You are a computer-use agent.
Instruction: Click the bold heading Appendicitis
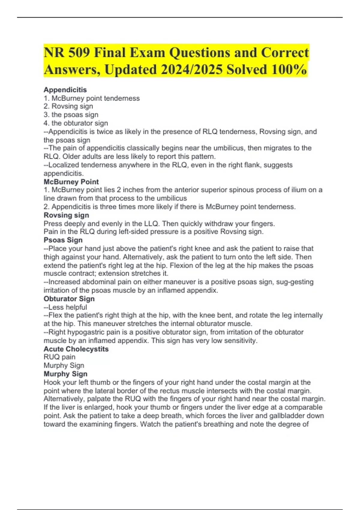pos(65,90)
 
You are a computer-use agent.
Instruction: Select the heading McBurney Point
pos(71,182)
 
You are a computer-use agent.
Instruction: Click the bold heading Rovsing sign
pos(66,215)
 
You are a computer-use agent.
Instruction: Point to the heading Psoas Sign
pos(63,240)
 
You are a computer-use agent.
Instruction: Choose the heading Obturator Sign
pos(69,299)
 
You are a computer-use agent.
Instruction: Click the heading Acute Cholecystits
pos(76,349)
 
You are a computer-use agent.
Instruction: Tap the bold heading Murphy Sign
pos(65,374)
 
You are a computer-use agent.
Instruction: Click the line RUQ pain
pos(59,357)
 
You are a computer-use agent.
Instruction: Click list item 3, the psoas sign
pos(71,115)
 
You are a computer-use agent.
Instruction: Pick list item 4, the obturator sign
pos(76,123)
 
